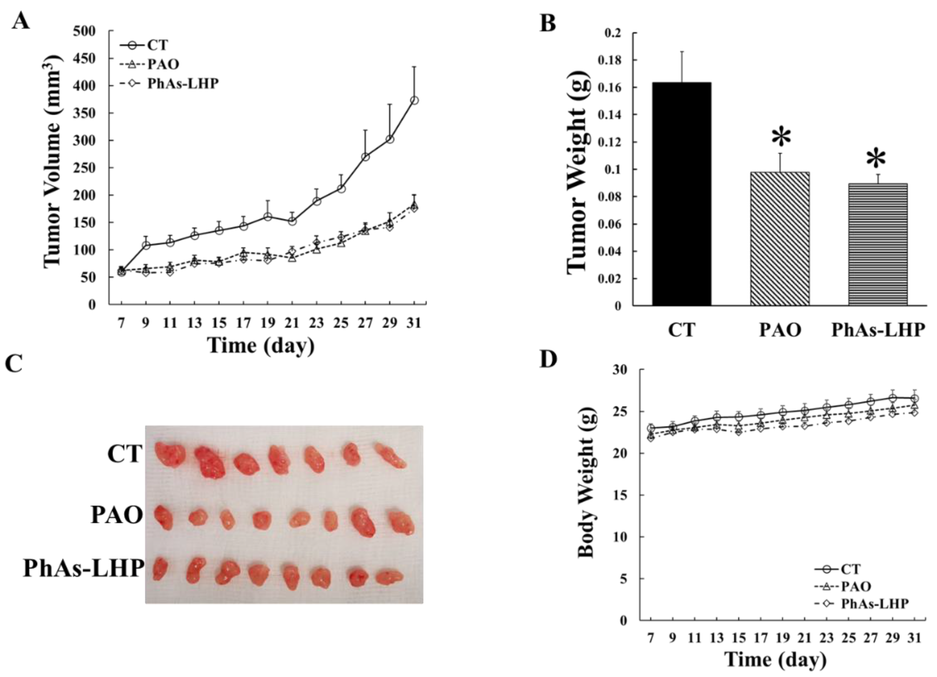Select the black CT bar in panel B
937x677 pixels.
point(682,194)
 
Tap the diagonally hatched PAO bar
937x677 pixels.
point(780,239)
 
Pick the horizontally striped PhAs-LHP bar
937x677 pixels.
point(878,245)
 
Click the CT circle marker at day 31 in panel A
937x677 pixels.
point(414,100)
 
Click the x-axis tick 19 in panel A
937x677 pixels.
point(268,323)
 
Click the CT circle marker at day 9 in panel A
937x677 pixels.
point(146,245)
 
